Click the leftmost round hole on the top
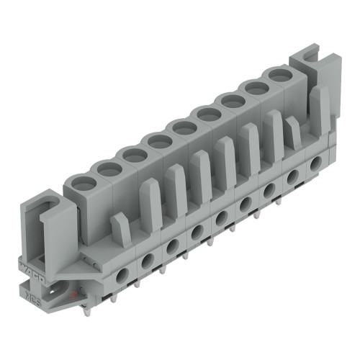point(84,183)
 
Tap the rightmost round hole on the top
point(276,76)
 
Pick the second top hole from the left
point(109,168)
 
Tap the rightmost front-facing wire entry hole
point(315,164)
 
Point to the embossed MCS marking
point(32,292)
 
